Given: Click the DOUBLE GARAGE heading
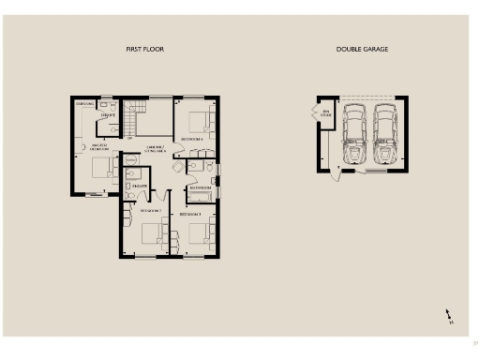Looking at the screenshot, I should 362,49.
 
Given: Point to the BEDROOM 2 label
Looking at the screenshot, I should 151,211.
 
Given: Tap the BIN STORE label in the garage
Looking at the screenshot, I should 326,112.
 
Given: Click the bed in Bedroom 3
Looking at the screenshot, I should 199,232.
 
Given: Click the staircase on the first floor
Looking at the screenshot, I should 131,117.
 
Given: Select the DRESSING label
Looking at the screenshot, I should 84,103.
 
